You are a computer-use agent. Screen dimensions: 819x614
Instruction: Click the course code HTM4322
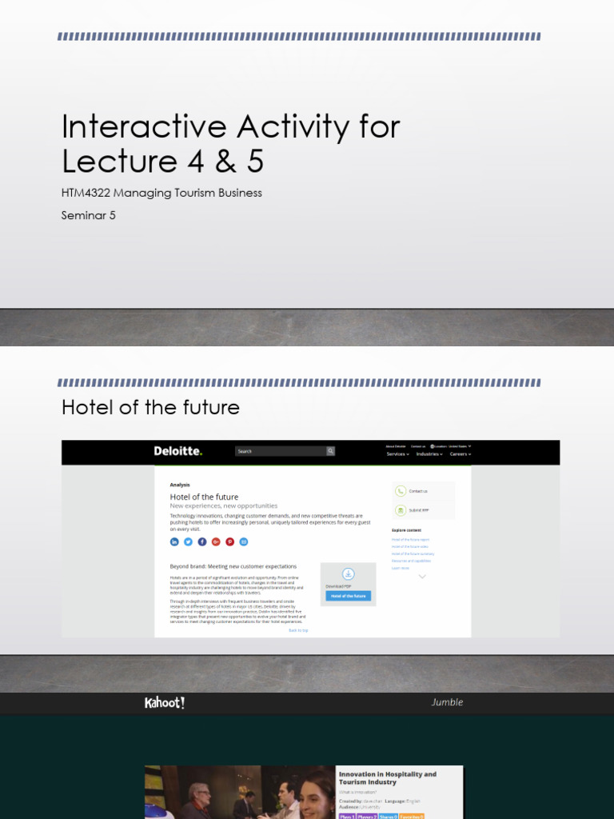point(90,193)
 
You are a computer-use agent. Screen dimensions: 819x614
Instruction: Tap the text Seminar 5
point(89,215)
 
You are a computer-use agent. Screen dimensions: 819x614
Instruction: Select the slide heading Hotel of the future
point(150,407)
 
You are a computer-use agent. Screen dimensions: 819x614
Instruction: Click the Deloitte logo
point(178,451)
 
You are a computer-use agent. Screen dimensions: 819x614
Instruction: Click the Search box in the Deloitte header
point(280,451)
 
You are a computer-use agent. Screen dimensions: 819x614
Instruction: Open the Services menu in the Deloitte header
point(397,453)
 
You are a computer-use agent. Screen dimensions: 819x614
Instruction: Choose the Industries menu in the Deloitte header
point(429,453)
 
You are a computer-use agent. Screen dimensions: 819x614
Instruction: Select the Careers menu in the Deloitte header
point(460,453)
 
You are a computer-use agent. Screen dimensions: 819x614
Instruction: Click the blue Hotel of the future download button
point(348,596)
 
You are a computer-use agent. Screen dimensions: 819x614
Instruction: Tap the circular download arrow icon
point(348,573)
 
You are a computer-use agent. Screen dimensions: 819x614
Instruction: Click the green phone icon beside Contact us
point(400,491)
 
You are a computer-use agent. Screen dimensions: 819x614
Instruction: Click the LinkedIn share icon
point(174,541)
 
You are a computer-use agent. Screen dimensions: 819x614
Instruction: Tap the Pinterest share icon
point(229,541)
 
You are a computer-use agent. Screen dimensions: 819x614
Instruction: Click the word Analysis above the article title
point(180,485)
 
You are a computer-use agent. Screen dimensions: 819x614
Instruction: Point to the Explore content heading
point(406,529)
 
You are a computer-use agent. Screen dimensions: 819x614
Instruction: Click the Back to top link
point(298,630)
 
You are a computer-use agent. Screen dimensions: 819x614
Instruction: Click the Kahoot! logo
point(165,703)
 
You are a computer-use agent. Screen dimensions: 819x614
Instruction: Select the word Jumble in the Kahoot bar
point(447,702)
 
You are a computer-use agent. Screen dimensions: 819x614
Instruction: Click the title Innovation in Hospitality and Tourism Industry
point(388,778)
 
